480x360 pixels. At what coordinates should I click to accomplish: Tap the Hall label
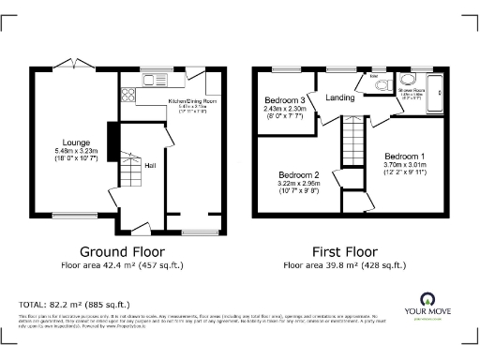click(x=149, y=165)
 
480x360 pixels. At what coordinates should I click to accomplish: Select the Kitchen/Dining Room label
click(x=192, y=99)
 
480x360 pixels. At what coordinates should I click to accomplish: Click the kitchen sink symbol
click(x=149, y=80)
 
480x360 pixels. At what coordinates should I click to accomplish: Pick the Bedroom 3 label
click(x=286, y=100)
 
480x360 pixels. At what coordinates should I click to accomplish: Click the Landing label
click(x=339, y=97)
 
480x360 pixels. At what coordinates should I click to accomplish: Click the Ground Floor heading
click(x=122, y=251)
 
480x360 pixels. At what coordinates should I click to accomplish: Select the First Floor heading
click(x=344, y=251)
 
